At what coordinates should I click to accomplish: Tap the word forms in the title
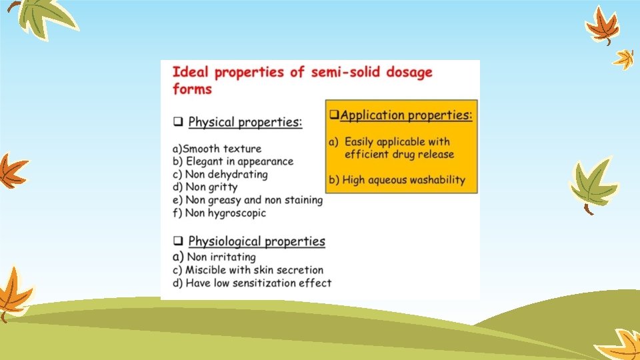(193, 89)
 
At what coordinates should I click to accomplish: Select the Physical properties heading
(245, 123)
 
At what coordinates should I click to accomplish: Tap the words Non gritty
(211, 187)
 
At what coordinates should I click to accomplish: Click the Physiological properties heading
(257, 241)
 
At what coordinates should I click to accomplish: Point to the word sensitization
(271, 283)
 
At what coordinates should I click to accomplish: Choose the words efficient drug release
(399, 155)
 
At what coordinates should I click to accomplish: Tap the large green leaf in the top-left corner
(41, 17)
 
